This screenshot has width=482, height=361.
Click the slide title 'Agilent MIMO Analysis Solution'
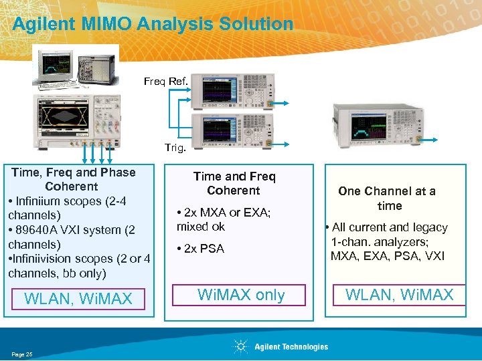coord(153,24)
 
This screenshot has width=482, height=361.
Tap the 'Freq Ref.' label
coord(165,82)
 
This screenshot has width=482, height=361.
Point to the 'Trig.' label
coord(175,146)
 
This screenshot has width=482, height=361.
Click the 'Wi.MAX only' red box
coord(242,295)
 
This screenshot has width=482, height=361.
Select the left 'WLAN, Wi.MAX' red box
coord(78,299)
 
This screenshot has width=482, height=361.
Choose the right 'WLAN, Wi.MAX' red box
coord(399,295)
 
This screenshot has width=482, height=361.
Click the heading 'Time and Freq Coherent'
coord(234,183)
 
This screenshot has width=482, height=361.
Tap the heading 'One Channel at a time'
coord(387,199)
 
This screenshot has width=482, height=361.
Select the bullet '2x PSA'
coord(202,249)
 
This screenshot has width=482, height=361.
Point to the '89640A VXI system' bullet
coord(72,237)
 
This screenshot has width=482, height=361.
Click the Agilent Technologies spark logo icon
coord(240,346)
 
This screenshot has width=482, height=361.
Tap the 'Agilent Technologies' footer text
coord(291,346)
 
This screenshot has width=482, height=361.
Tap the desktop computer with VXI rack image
coord(74,67)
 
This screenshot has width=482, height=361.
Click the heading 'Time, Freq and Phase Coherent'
coord(73,179)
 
